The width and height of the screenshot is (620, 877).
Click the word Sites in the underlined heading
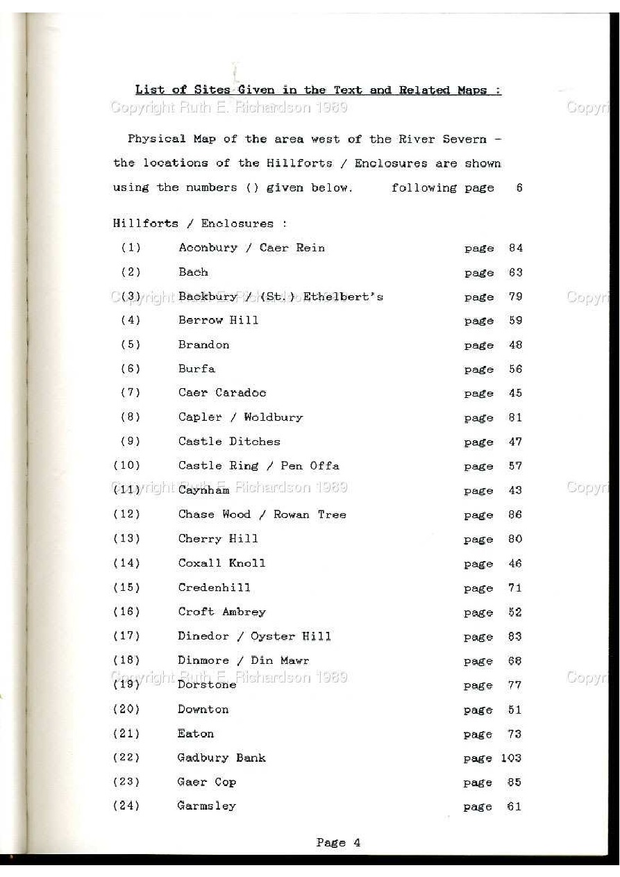(213, 90)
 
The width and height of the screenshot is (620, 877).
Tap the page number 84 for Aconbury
(515, 248)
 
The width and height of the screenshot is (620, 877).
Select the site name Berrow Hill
(218, 320)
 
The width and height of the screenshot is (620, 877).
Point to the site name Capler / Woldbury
(240, 417)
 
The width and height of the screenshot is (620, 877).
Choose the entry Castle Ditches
(229, 442)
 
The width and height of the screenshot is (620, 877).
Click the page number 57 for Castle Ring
(515, 466)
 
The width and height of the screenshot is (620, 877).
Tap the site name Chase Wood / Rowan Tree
(262, 515)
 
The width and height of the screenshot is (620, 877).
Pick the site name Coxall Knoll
(221, 563)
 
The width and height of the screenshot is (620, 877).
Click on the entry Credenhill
(214, 587)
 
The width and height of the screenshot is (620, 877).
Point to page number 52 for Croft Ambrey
(515, 612)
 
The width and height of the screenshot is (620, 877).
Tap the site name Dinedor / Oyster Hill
(254, 636)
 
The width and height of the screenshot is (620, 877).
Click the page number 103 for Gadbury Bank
(511, 758)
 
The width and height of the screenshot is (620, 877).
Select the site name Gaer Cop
(206, 782)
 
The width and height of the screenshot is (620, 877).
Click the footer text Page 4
(338, 843)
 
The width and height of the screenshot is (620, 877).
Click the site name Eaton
(195, 733)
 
